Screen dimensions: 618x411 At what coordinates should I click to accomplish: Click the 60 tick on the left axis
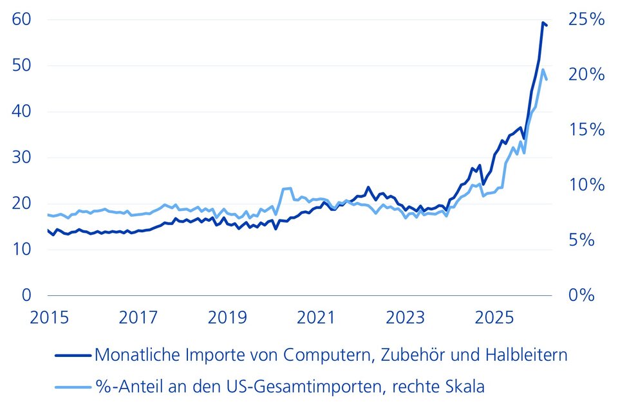pyautogui.click(x=21, y=19)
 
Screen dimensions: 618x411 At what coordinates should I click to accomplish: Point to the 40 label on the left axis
pyautogui.click(x=21, y=111)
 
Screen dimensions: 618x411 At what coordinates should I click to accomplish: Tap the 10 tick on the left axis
pyautogui.click(x=21, y=249)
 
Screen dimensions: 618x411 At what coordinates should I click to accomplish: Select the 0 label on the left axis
pyautogui.click(x=26, y=295)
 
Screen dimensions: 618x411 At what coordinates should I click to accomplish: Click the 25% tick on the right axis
pyautogui.click(x=586, y=19)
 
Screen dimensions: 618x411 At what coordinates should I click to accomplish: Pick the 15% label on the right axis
pyautogui.click(x=586, y=129)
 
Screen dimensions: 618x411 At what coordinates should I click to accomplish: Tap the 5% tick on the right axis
pyautogui.click(x=581, y=240)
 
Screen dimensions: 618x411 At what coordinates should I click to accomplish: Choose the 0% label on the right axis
pyautogui.click(x=581, y=295)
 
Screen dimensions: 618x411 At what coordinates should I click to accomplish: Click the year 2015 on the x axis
pyautogui.click(x=50, y=317)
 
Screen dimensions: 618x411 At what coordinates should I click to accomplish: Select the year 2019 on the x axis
pyautogui.click(x=227, y=317)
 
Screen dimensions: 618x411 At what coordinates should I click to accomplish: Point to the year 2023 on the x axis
pyautogui.click(x=405, y=317)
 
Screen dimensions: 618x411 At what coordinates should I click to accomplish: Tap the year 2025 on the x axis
pyautogui.click(x=494, y=317)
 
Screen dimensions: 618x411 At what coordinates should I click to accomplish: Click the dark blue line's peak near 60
pyautogui.click(x=543, y=23)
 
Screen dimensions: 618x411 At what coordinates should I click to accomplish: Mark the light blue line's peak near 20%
pyautogui.click(x=543, y=69)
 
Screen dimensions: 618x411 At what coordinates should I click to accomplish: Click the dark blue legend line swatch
pyautogui.click(x=73, y=355)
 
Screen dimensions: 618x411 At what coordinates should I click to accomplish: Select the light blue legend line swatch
pyautogui.click(x=73, y=387)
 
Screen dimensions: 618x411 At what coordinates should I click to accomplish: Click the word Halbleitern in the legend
pyautogui.click(x=526, y=354)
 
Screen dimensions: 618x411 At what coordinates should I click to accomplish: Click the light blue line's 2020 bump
pyautogui.click(x=286, y=189)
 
